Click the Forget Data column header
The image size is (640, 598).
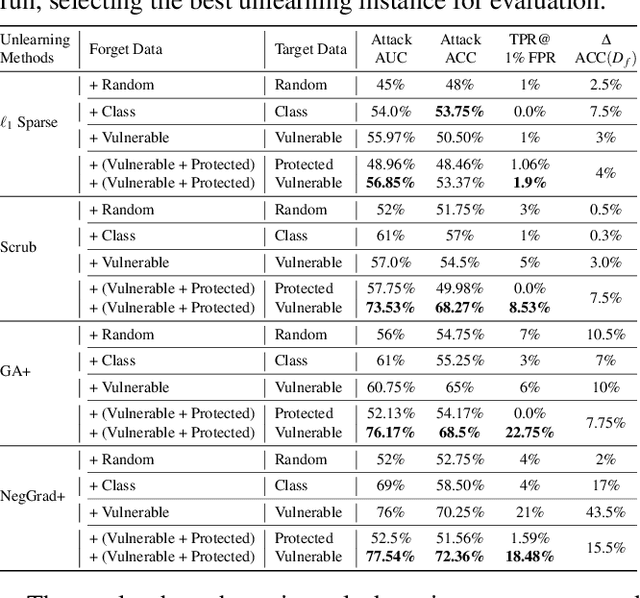click(125, 49)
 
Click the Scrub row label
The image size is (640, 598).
click(21, 246)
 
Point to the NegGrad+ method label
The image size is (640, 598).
click(33, 496)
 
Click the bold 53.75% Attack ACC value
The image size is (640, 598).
click(461, 112)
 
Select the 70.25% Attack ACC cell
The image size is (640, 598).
click(461, 512)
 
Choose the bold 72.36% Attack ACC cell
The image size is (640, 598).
click(461, 557)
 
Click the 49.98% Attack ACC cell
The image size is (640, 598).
click(461, 289)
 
